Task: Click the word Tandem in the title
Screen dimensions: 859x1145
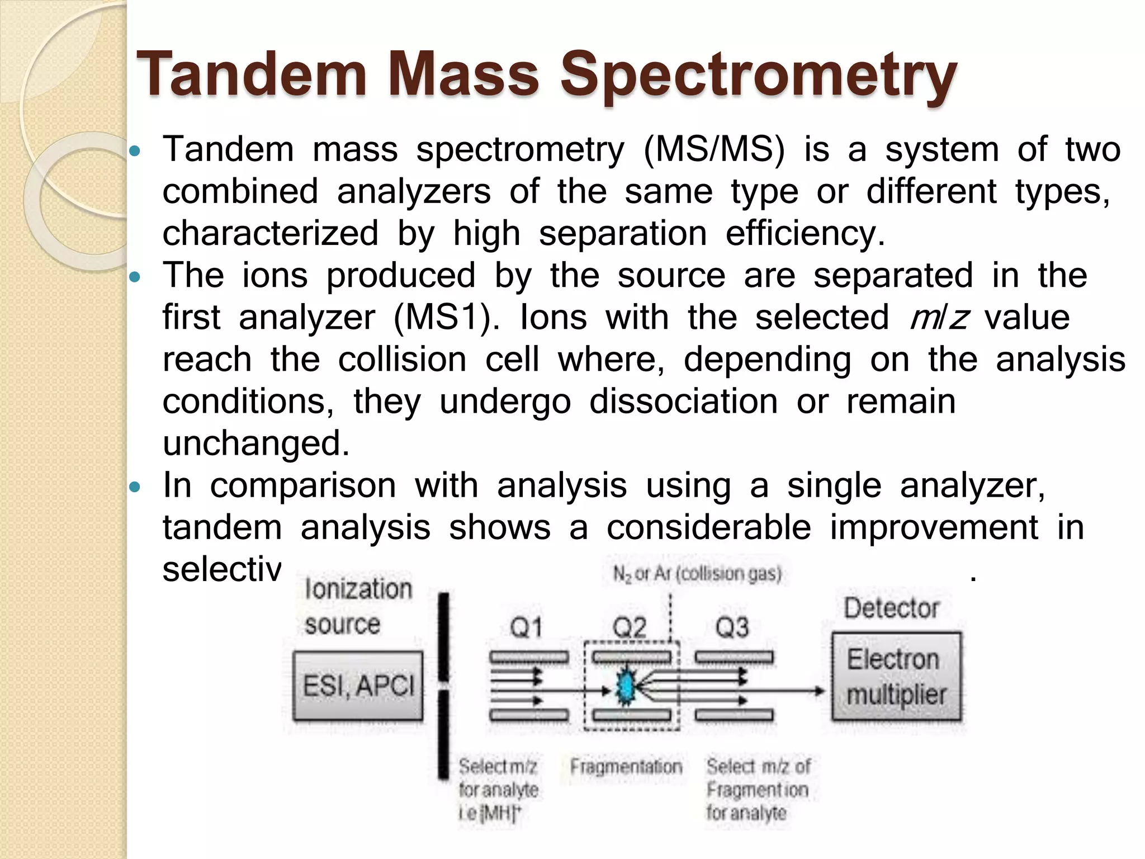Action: [x=251, y=74]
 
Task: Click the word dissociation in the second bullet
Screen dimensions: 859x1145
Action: [x=683, y=402]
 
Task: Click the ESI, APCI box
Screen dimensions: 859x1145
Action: [x=358, y=686]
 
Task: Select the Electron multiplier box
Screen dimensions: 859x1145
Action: [x=896, y=677]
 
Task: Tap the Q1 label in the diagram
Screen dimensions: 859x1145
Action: [x=526, y=628]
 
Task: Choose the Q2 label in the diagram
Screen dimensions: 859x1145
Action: [x=630, y=628]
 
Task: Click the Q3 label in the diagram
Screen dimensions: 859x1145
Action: [x=732, y=627]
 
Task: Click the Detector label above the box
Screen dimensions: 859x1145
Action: [x=891, y=608]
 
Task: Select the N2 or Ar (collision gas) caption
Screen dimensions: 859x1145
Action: [x=697, y=574]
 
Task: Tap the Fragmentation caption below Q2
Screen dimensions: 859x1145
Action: [x=626, y=767]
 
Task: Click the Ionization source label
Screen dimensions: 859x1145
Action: [x=358, y=606]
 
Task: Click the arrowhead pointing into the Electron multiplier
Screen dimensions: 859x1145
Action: [x=820, y=691]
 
